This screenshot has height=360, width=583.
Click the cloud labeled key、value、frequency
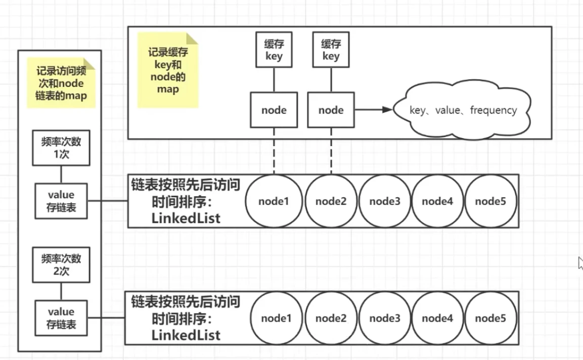pos(463,110)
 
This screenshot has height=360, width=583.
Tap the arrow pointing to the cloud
pos(374,110)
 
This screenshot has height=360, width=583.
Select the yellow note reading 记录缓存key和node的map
pos(168,70)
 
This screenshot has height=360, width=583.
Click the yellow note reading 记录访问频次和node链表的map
pos(60,83)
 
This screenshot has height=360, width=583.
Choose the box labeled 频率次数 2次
pos(61,264)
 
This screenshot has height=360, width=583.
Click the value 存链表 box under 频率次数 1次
pos(61,201)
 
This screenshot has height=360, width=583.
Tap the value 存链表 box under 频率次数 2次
pos(61,318)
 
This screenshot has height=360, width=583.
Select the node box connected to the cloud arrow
pos(331,110)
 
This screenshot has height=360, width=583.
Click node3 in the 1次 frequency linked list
pos(385,201)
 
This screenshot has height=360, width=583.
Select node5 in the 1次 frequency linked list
pos(490,201)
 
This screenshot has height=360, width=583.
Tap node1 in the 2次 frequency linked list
pos(277,318)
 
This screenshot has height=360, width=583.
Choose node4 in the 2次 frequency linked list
pos(438,318)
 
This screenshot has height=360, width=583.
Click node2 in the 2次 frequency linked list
pos(331,318)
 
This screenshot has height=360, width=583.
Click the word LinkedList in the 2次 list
pos(186,335)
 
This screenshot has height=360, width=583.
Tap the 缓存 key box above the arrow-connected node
pos(331,50)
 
